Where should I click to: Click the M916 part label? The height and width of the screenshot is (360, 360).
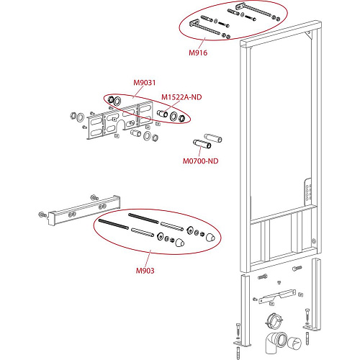[198, 53]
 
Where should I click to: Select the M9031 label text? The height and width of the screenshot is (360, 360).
[145, 83]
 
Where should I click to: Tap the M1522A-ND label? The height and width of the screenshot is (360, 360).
[181, 97]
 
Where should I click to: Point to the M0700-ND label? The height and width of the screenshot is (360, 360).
[201, 161]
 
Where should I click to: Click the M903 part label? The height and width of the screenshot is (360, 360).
[145, 271]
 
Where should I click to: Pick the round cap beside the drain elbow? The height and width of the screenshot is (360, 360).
[294, 343]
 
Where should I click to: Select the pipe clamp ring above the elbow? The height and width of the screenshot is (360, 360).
[274, 320]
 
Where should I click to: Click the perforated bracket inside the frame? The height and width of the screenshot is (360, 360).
[308, 193]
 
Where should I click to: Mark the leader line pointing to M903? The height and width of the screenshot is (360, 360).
[148, 258]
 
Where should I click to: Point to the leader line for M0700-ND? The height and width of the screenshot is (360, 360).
[200, 151]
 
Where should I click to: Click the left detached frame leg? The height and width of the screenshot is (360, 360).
[246, 311]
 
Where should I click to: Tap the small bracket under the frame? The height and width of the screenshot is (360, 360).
[277, 297]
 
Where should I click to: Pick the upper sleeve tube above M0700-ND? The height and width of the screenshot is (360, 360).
[213, 138]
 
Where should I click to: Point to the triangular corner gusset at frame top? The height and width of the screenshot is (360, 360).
[309, 35]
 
